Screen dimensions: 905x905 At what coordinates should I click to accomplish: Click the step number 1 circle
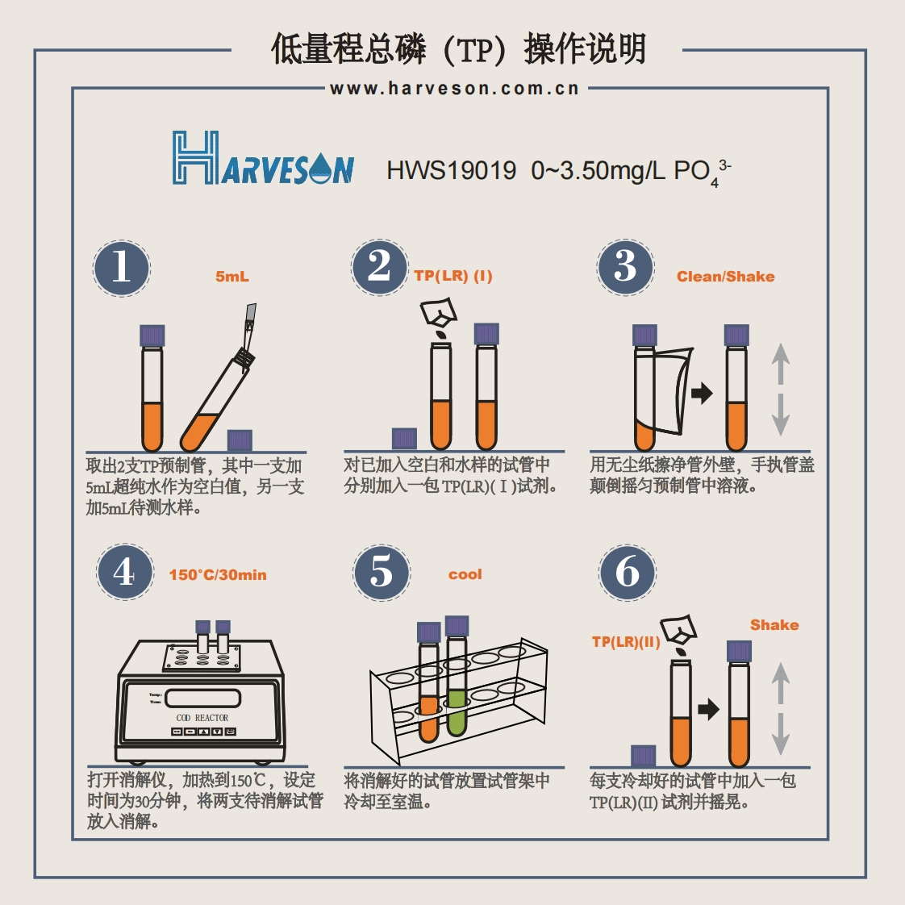pyautogui.click(x=121, y=268)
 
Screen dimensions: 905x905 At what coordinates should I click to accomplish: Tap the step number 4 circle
pyautogui.click(x=124, y=572)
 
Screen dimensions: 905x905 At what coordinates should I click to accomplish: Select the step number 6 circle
pyautogui.click(x=627, y=572)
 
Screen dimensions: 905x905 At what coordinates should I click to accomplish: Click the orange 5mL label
pyautogui.click(x=232, y=277)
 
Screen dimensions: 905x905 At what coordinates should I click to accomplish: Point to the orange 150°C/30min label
pyautogui.click(x=218, y=575)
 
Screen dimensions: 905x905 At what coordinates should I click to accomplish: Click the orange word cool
pyautogui.click(x=465, y=574)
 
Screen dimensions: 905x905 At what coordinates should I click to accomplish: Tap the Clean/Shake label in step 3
pyautogui.click(x=725, y=277)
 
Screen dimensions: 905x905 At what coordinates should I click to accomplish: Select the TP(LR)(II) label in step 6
pyautogui.click(x=626, y=642)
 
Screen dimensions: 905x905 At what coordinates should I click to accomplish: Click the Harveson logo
pyautogui.click(x=263, y=158)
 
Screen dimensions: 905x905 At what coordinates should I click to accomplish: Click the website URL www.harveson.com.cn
pyautogui.click(x=455, y=89)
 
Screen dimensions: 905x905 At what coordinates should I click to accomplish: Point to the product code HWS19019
pyautogui.click(x=451, y=170)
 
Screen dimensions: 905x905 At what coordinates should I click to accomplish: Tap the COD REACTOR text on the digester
pyautogui.click(x=202, y=717)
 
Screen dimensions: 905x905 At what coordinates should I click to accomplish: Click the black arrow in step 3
pyautogui.click(x=703, y=394)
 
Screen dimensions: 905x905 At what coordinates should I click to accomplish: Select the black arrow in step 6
pyautogui.click(x=707, y=710)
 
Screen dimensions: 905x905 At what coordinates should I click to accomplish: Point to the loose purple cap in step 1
pyautogui.click(x=240, y=440)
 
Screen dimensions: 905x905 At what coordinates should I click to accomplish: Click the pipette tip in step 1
pyautogui.click(x=251, y=316)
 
